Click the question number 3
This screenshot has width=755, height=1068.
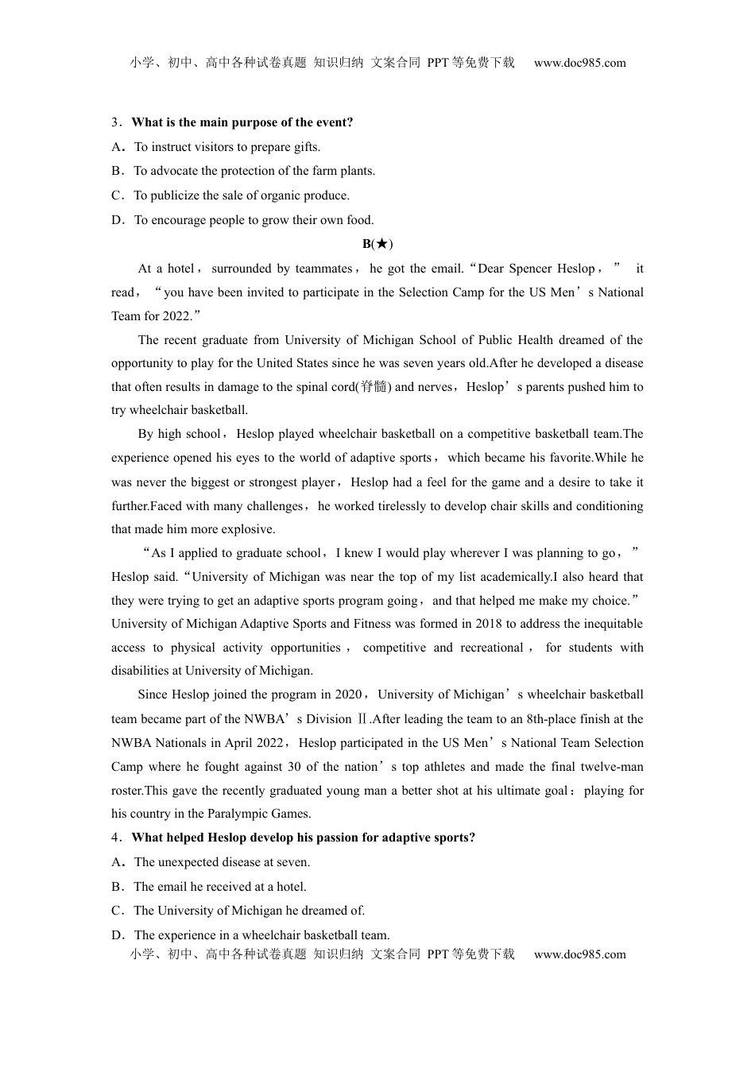[x=114, y=122]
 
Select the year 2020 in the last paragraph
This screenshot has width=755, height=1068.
[x=348, y=695]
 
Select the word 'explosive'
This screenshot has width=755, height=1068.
[x=248, y=529]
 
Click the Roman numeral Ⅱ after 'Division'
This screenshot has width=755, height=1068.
[x=362, y=719]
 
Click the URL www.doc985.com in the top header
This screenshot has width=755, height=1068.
[x=579, y=63]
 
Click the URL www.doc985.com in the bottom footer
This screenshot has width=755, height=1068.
[x=579, y=954]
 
